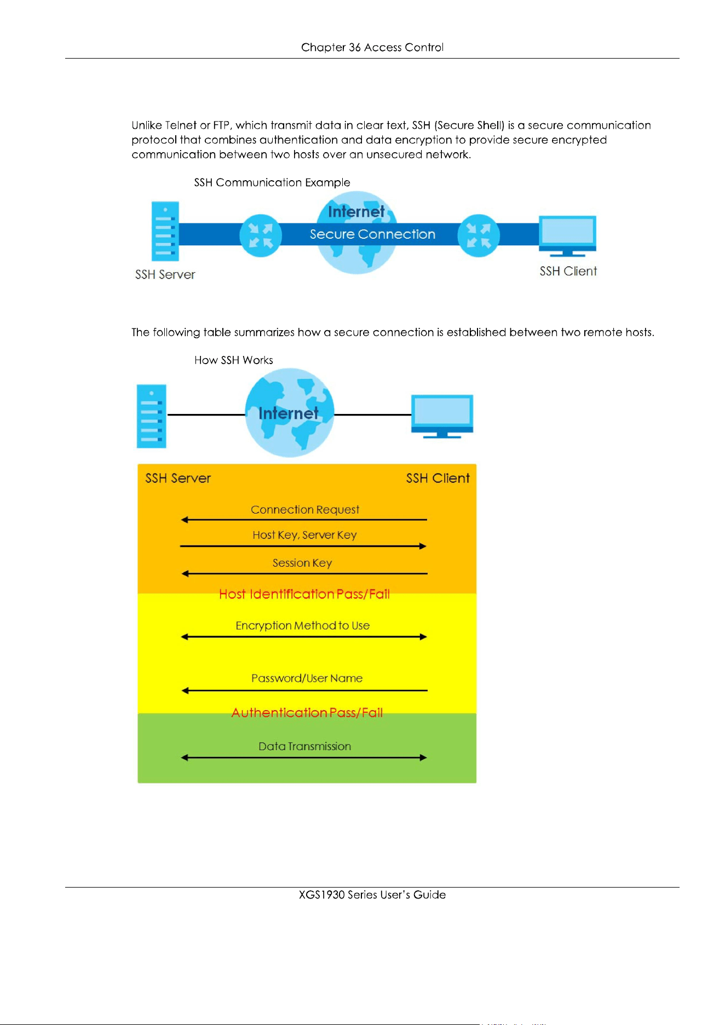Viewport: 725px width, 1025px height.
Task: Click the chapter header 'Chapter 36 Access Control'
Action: pyautogui.click(x=372, y=48)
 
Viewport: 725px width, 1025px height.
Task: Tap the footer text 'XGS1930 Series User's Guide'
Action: pyautogui.click(x=372, y=895)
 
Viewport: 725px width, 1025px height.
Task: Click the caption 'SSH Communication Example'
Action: pyautogui.click(x=272, y=182)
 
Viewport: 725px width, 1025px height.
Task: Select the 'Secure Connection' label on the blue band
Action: pyautogui.click(x=372, y=234)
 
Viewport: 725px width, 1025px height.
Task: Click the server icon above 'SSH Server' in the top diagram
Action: pyautogui.click(x=165, y=231)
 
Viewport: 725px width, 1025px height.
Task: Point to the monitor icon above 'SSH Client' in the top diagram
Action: pyautogui.click(x=567, y=236)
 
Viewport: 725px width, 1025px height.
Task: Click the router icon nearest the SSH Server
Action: pyautogui.click(x=261, y=235)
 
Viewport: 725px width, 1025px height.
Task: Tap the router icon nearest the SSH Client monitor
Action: pyautogui.click(x=479, y=235)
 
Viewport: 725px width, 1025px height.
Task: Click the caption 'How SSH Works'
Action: pyautogui.click(x=234, y=360)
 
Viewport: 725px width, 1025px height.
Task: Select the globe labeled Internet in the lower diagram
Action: pyautogui.click(x=290, y=413)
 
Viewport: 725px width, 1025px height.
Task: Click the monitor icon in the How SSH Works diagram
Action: pyautogui.click(x=442, y=416)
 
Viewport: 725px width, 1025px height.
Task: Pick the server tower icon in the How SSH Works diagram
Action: pyautogui.click(x=152, y=416)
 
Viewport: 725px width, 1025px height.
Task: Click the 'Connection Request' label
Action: pyautogui.click(x=305, y=510)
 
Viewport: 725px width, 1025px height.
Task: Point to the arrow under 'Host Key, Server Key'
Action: pyautogui.click(x=303, y=546)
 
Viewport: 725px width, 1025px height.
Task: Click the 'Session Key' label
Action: pyautogui.click(x=302, y=563)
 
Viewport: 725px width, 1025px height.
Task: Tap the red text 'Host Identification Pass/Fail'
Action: pyautogui.click(x=304, y=594)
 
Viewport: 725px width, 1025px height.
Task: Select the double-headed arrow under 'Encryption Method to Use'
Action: pyautogui.click(x=304, y=637)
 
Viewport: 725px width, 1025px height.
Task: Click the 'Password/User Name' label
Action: pyautogui.click(x=307, y=678)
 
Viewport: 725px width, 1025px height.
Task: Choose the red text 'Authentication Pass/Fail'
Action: pyautogui.click(x=307, y=713)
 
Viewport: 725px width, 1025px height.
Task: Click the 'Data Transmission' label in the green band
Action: pyautogui.click(x=305, y=746)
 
